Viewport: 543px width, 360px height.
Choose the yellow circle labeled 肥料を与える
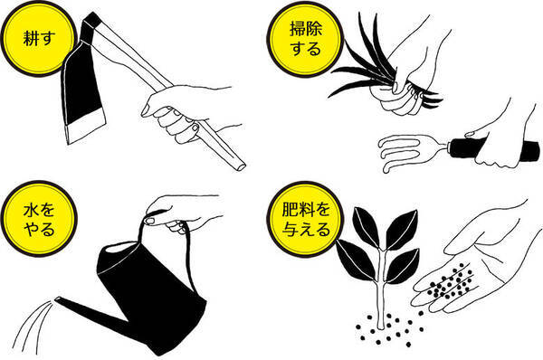coord(293,218)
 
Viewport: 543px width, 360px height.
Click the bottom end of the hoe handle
coord(236,166)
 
